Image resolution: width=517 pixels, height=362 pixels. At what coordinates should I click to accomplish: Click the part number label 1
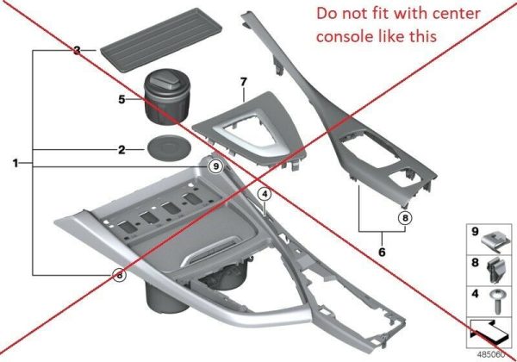(16, 163)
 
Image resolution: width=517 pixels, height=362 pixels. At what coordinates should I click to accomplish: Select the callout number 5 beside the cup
(122, 99)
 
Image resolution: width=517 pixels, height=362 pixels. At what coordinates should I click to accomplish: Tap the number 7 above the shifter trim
(243, 82)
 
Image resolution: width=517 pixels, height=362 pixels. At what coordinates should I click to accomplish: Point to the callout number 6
(382, 253)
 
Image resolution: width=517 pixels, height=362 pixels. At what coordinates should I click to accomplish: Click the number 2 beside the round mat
(122, 150)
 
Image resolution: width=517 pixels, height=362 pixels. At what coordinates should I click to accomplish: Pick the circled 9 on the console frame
(216, 166)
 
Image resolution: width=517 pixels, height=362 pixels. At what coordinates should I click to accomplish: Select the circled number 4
(265, 195)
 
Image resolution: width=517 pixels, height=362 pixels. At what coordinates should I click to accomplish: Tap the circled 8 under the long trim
(405, 217)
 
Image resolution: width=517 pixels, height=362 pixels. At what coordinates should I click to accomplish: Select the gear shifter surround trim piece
(250, 129)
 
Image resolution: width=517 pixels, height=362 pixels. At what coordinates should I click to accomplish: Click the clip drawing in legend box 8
(495, 271)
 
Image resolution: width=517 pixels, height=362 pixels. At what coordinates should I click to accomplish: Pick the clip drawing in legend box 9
(495, 240)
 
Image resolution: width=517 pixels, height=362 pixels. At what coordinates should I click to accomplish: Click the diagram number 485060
(491, 354)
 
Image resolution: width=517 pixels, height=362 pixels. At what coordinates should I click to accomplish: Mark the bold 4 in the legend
(475, 293)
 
